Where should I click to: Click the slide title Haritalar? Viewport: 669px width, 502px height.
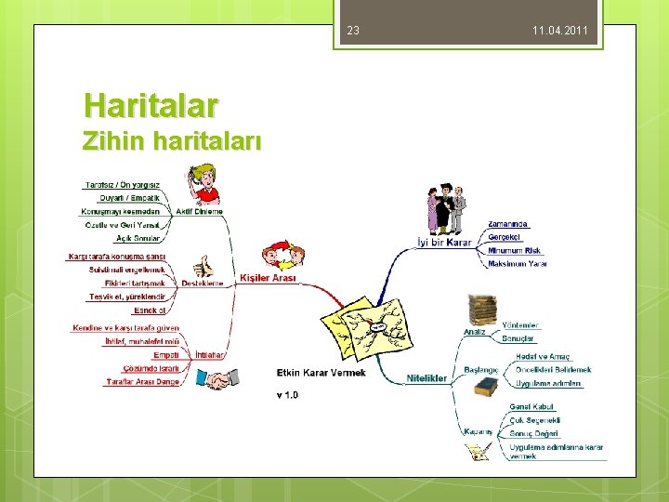151,104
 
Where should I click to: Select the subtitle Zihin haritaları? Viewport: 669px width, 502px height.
172,141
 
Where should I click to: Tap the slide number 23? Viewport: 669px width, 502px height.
353,32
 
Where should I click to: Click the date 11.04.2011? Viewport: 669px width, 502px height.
560,32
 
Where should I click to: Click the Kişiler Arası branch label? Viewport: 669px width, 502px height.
268,278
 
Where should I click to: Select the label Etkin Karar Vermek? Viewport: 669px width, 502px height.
321,373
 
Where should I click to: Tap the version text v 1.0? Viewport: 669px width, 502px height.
287,395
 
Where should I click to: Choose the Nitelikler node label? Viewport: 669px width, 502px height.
427,378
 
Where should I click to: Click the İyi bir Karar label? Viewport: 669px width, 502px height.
444,244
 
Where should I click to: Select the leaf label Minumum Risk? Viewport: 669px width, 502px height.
514,250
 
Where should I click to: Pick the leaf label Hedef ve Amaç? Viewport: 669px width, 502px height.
543,357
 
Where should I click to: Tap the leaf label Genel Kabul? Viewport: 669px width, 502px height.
531,407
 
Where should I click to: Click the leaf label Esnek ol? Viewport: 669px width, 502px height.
150,310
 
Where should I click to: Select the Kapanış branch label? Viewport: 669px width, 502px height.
478,431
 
